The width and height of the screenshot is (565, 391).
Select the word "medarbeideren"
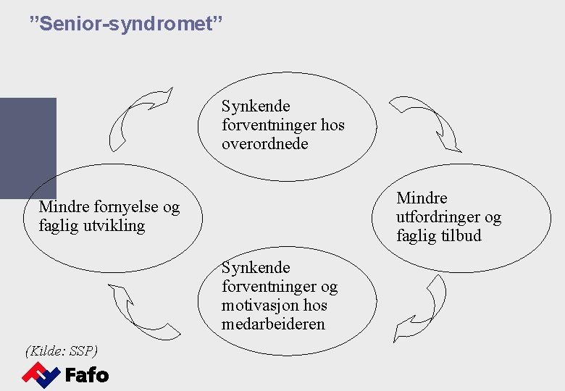(273, 324)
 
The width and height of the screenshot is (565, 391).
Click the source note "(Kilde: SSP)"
(62, 351)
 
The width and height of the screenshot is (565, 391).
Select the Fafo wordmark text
(87, 375)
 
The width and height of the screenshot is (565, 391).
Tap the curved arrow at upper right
(427, 122)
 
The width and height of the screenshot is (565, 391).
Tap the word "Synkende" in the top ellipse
(256, 106)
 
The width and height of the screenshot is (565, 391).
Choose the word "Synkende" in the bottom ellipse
(256, 268)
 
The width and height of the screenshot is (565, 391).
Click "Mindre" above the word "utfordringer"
(422, 198)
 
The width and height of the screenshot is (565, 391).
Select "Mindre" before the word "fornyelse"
(64, 208)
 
